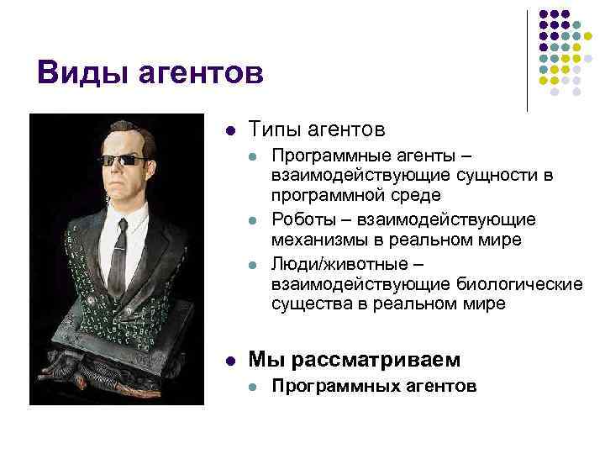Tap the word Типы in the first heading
click(x=279, y=130)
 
